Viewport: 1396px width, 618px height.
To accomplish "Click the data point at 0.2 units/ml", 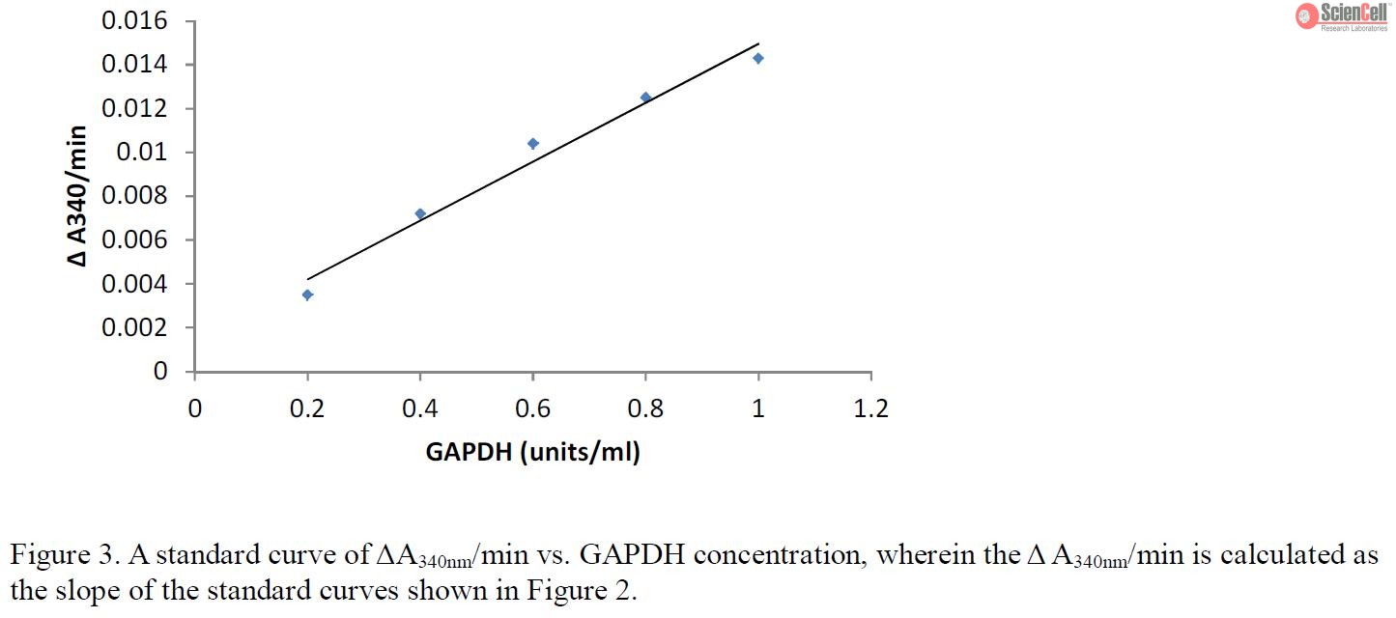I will pyautogui.click(x=307, y=295).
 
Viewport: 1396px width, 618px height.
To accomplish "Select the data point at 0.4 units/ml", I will pyautogui.click(x=420, y=213).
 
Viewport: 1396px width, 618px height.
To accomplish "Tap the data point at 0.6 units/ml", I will pyautogui.click(x=532, y=144).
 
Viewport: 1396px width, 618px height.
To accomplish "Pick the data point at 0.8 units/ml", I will pyautogui.click(x=645, y=98).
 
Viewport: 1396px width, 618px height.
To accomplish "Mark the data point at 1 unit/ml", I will pyautogui.click(x=758, y=58).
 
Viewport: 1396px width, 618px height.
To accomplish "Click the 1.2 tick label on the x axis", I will pyautogui.click(x=870, y=408).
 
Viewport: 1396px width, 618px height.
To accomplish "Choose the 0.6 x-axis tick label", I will pyautogui.click(x=532, y=408).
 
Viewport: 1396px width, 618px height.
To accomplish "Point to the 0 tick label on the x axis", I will pyautogui.click(x=195, y=408).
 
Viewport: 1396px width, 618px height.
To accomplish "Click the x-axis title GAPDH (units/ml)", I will pyautogui.click(x=532, y=452).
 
